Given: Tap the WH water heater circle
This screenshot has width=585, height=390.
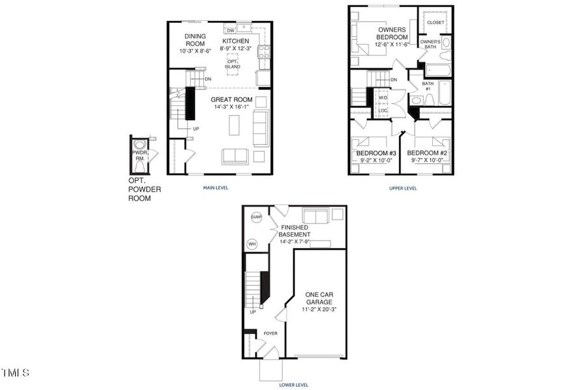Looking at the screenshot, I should pyautogui.click(x=252, y=244).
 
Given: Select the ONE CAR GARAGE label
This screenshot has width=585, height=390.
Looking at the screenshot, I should pyautogui.click(x=319, y=298).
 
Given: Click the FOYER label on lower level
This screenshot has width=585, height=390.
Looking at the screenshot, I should pyautogui.click(x=270, y=333).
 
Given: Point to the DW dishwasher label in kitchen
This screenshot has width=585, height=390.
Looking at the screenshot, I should pyautogui.click(x=230, y=31).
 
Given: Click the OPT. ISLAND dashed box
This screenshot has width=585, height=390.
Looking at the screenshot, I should pyautogui.click(x=233, y=64).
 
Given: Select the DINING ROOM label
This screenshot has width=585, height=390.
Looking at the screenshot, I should pyautogui.click(x=195, y=40).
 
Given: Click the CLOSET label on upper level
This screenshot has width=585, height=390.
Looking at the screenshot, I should pyautogui.click(x=435, y=22).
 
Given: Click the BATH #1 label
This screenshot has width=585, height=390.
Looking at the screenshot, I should pyautogui.click(x=427, y=86).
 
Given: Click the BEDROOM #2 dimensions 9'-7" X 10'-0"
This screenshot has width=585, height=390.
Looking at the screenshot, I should pyautogui.click(x=426, y=160).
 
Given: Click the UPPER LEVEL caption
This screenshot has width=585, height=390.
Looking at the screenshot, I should pyautogui.click(x=402, y=188).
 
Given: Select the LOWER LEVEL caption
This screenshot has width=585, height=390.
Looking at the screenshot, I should pyautogui.click(x=294, y=384).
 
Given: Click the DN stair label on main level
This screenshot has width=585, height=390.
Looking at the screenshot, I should pyautogui.click(x=207, y=79).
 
